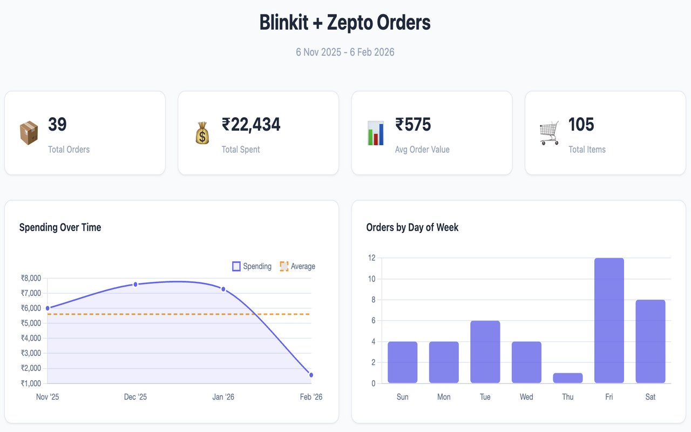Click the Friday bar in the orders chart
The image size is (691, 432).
click(609, 321)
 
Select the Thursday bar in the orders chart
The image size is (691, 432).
click(568, 378)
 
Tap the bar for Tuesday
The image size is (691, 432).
click(485, 352)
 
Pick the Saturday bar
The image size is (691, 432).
click(650, 341)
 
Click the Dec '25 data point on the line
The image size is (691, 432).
click(136, 284)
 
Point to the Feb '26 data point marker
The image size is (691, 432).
click(311, 375)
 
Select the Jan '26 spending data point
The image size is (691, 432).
click(223, 289)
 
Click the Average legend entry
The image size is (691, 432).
click(297, 266)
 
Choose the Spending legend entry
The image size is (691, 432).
click(252, 266)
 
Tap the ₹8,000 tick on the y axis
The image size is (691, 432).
click(31, 278)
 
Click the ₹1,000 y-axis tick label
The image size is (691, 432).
click(31, 383)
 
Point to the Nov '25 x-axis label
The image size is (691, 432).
click(48, 397)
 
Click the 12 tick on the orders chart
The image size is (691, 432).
click(371, 258)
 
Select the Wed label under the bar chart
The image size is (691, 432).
click(526, 397)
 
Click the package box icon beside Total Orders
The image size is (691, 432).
click(29, 133)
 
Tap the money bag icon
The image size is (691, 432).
click(202, 133)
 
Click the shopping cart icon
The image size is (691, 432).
click(549, 133)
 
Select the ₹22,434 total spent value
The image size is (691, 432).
click(251, 125)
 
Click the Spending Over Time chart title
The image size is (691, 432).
click(60, 227)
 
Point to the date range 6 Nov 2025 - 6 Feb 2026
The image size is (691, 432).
click(345, 52)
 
